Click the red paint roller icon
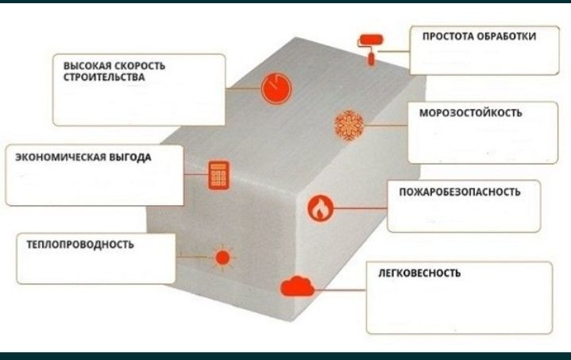pos(371,49)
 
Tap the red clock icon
pos(276,88)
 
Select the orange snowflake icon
pos(349,125)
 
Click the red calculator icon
pos(219,176)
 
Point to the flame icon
pos(320,207)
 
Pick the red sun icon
pos(222,257)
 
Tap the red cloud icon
pos(297,286)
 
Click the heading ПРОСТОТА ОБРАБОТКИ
pos(479,37)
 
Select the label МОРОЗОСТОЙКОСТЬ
pos(470,113)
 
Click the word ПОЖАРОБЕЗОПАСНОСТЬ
pos(460,192)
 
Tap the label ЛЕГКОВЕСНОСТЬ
pos(419,273)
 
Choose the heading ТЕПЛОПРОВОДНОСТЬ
pos(80,245)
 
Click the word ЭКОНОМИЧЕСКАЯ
pos(60,157)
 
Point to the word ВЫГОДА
pos(130,157)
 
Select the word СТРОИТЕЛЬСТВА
pos(104,77)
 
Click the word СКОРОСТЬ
pos(140,66)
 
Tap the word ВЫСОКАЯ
pos(87,66)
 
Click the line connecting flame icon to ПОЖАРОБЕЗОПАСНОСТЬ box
pos(361,208)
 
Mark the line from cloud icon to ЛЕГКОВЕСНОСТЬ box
pos(340,290)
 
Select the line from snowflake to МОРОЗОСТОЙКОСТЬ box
pos(386,126)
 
